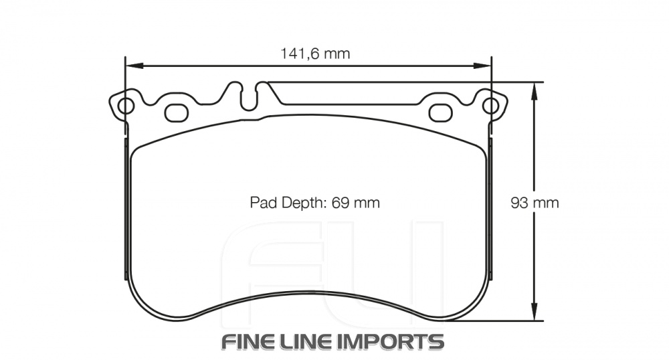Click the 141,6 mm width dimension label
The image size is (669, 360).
(x=314, y=54)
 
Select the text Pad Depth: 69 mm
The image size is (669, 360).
(x=314, y=203)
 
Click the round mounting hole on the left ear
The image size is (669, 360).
(x=125, y=106)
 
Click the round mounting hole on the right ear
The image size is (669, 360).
(x=490, y=106)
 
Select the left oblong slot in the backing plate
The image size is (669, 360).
(x=177, y=113)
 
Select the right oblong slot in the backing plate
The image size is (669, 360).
(x=440, y=113)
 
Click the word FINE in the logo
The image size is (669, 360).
(x=248, y=341)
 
